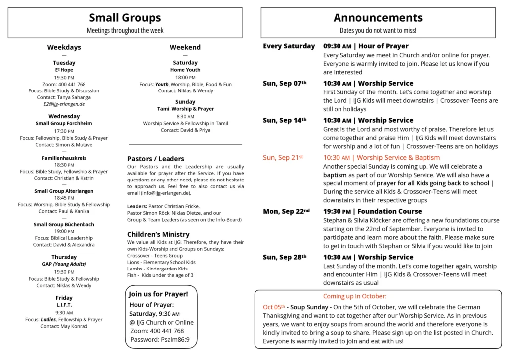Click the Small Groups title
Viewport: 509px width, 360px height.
(x=125, y=18)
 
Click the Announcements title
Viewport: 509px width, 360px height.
(x=378, y=18)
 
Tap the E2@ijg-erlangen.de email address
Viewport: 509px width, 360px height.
(x=64, y=104)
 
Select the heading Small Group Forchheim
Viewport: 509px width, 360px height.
(x=64, y=123)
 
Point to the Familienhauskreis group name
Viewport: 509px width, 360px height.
(x=64, y=158)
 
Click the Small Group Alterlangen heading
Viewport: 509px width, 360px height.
(x=64, y=191)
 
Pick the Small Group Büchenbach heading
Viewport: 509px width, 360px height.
(x=64, y=224)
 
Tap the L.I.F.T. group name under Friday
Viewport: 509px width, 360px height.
(x=64, y=305)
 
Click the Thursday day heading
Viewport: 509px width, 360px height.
(x=64, y=257)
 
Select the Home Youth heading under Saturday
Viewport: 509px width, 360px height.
(x=185, y=70)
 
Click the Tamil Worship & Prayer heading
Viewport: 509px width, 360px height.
(x=185, y=109)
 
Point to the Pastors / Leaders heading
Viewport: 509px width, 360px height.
(x=156, y=159)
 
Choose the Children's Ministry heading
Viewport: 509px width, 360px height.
(x=158, y=234)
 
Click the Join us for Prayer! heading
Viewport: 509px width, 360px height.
(x=159, y=294)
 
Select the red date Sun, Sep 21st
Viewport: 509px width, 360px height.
(x=283, y=158)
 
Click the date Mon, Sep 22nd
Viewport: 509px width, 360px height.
(x=286, y=211)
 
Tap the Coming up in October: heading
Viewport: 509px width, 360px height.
(x=354, y=296)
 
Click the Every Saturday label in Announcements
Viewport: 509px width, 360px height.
(x=289, y=46)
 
